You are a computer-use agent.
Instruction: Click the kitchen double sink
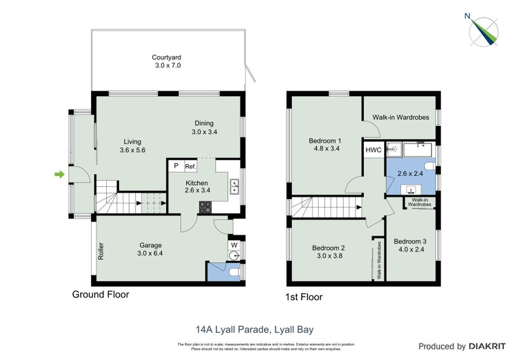point(234,187)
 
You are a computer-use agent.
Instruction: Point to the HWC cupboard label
point(373,150)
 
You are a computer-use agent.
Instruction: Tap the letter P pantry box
point(176,166)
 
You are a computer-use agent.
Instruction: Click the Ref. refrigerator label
point(190,166)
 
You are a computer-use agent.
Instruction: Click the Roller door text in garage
point(101,250)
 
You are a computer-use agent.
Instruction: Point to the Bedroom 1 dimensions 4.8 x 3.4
point(325,150)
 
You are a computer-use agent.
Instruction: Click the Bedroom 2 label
point(328,248)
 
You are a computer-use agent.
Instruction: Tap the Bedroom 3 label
point(411,241)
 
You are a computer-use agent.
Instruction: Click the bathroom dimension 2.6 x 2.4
point(410,172)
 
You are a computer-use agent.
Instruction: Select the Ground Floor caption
point(101,294)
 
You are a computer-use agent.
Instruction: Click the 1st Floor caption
point(304,297)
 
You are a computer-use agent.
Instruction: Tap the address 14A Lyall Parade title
point(254,329)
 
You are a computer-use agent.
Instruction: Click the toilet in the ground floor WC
point(234,272)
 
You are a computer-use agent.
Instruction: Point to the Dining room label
point(204,123)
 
